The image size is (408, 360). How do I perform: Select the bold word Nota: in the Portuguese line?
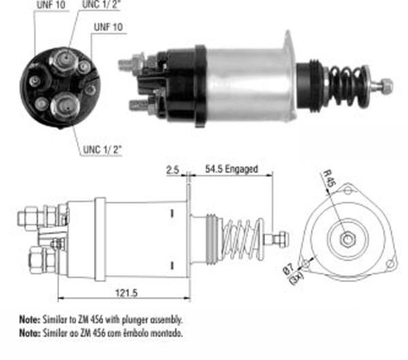coord(29,333)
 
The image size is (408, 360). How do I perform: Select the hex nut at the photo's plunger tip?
coord(386,86)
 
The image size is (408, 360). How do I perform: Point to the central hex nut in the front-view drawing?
coord(347,238)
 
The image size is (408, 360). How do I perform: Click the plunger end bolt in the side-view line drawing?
coord(280,239)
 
